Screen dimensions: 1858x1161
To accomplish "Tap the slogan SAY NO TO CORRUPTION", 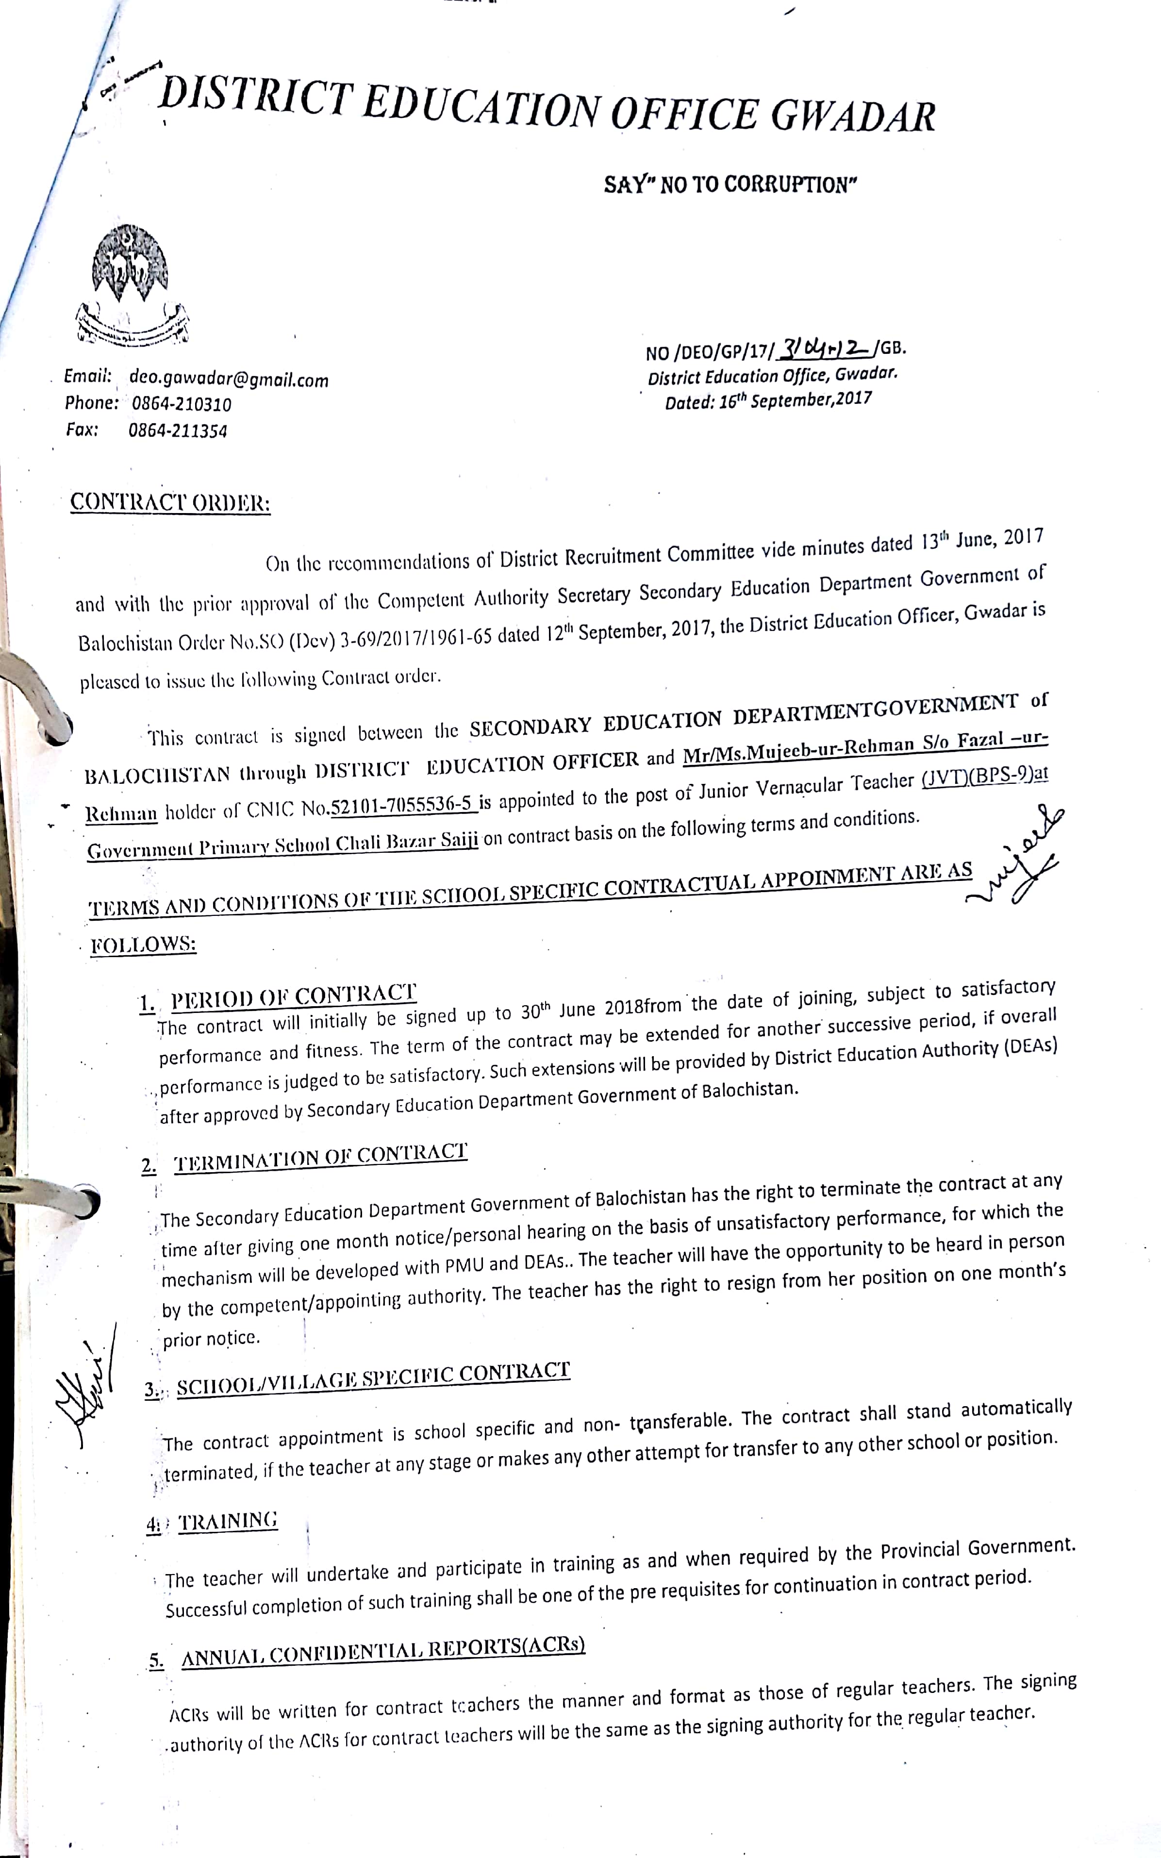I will pos(730,185).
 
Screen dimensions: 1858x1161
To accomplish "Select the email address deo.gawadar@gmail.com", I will pos(229,379).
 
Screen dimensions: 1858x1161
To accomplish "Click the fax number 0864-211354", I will pos(177,431).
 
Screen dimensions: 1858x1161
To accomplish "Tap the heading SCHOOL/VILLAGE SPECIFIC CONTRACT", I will pos(373,1378).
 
